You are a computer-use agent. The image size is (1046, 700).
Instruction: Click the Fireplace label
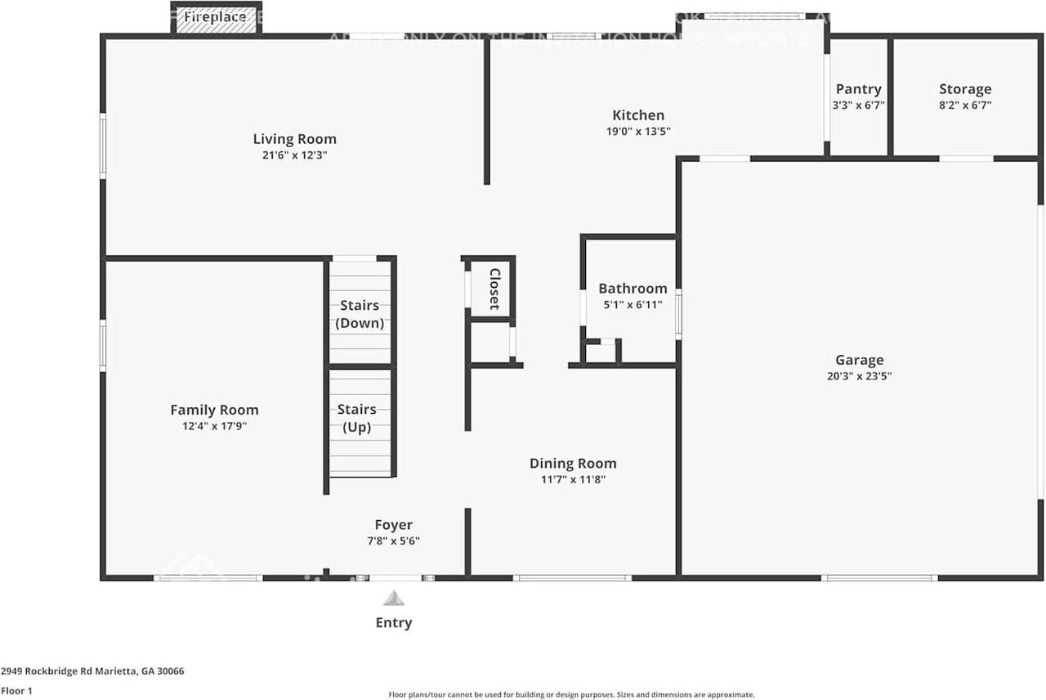(215, 17)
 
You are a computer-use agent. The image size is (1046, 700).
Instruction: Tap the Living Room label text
(294, 139)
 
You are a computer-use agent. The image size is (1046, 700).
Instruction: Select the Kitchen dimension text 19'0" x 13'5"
(638, 131)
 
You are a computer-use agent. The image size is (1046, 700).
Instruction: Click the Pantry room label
(858, 89)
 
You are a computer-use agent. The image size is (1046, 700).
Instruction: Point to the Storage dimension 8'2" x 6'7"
(964, 105)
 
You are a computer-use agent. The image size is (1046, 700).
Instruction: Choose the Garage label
(859, 360)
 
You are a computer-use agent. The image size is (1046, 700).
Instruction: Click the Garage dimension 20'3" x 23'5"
(859, 376)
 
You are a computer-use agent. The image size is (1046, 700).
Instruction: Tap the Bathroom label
(633, 289)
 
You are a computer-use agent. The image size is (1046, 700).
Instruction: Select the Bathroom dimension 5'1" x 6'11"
(633, 304)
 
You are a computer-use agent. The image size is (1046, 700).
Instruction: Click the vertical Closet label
(494, 289)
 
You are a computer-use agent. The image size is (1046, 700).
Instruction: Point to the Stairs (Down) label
(360, 314)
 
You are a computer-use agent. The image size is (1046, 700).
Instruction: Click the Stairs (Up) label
(357, 418)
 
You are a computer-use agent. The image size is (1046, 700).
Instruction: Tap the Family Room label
(214, 410)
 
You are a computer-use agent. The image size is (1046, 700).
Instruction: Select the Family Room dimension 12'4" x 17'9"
(214, 425)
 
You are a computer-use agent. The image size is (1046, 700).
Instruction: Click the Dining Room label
(572, 464)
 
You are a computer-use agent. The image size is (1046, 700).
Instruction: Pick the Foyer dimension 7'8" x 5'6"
(393, 541)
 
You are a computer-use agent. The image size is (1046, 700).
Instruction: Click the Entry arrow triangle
(394, 599)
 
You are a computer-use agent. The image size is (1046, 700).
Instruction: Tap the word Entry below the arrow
(393, 622)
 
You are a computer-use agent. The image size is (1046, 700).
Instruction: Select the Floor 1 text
(18, 690)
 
